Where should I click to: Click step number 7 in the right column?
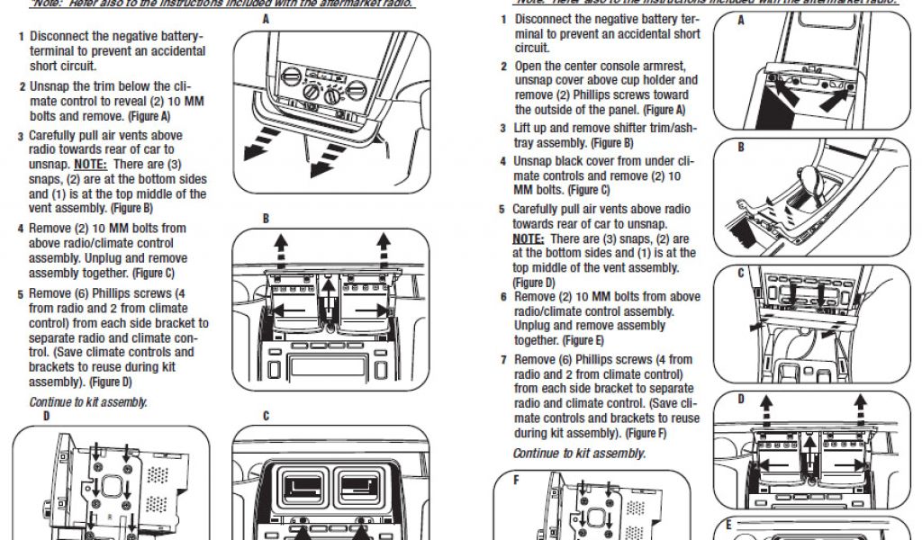504,360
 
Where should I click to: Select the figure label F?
517,480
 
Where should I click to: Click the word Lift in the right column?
523,129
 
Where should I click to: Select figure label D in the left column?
46,418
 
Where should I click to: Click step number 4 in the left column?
21,229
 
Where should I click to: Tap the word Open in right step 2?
529,66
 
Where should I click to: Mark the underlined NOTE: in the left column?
91,165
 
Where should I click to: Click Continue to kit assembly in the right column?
579,454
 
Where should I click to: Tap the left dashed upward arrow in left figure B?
282,242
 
